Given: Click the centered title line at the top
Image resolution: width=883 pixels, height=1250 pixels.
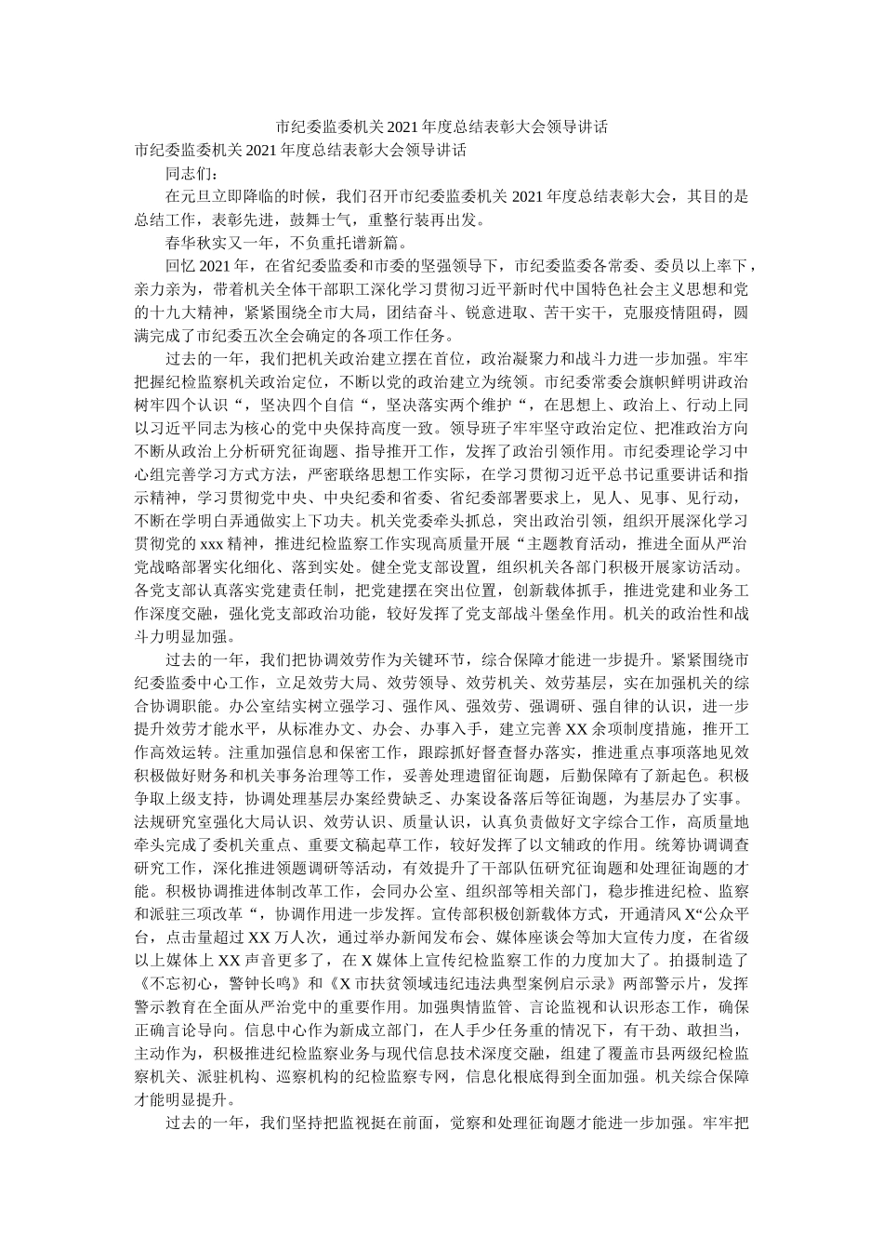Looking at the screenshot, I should click(441, 126).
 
